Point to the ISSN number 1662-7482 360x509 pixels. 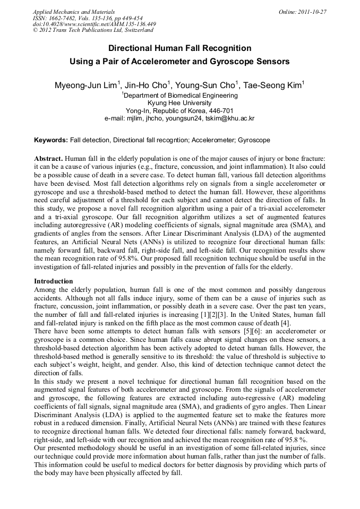click(x=65, y=18)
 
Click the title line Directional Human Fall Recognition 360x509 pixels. click(x=179, y=48)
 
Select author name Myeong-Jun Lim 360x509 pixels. click(x=87, y=85)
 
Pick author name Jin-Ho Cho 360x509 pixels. click(x=147, y=85)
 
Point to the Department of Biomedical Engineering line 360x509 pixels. click(x=179, y=96)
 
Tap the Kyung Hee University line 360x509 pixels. click(x=179, y=103)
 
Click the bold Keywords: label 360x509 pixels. click(x=51, y=140)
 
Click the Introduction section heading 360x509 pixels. click(x=53, y=281)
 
